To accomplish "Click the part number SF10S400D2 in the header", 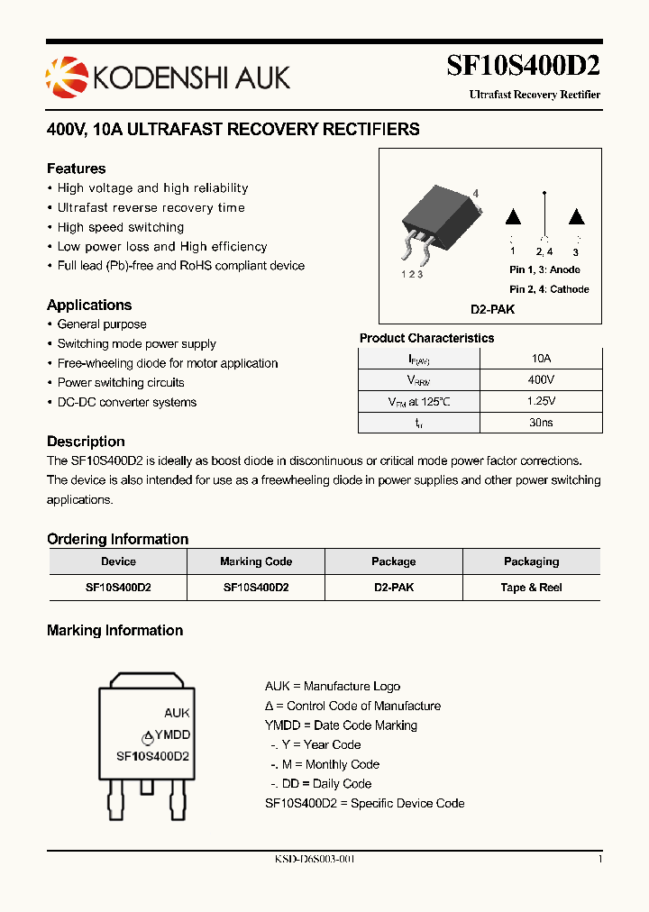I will [x=524, y=67].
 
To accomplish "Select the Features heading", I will [x=76, y=169].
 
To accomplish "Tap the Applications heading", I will [x=89, y=305].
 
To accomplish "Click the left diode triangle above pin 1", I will [x=513, y=217].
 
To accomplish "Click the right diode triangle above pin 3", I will [x=576, y=217].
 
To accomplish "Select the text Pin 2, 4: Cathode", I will [x=549, y=289].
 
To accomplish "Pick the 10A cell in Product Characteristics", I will [x=542, y=358].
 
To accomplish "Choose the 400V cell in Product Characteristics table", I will [x=542, y=379].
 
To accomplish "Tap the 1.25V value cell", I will [x=542, y=401].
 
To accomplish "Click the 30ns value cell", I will [x=542, y=423].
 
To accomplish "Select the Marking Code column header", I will [x=256, y=561].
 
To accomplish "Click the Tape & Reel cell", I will [x=531, y=587].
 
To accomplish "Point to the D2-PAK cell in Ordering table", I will [x=394, y=587].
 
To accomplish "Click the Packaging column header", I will [x=531, y=561].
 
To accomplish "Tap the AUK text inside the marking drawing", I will [x=177, y=713].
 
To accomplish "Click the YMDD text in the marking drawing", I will [x=172, y=735].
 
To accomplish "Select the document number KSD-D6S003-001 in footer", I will [x=315, y=859].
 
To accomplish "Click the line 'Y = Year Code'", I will [x=315, y=744].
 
